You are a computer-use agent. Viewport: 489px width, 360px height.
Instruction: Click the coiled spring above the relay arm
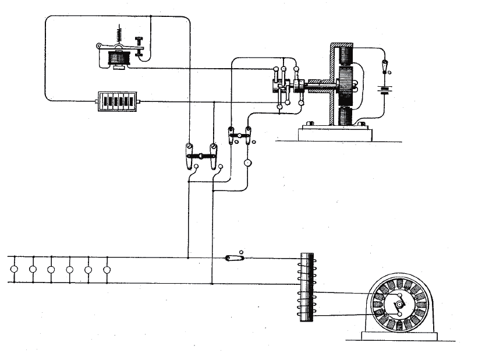[119, 34]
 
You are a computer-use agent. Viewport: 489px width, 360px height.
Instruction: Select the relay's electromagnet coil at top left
[119, 58]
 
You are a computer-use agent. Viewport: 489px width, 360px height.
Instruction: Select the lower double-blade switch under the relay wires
[201, 156]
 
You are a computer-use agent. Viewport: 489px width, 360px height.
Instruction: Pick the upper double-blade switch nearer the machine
[239, 136]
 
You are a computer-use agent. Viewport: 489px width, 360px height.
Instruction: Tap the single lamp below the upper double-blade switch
[247, 164]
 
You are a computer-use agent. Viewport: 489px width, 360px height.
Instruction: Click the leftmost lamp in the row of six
[14, 270]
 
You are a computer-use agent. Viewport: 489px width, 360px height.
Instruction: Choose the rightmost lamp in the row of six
[107, 270]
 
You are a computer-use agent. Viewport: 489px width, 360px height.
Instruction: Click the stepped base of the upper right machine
[335, 133]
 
